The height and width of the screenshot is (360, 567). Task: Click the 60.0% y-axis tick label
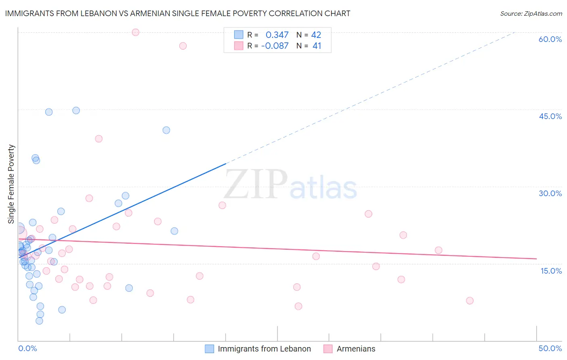550,39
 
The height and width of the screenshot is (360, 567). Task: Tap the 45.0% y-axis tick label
550,116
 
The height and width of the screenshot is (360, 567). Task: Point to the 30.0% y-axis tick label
550,193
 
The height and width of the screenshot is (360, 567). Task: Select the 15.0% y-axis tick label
551,271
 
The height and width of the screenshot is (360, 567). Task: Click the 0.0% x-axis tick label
27,348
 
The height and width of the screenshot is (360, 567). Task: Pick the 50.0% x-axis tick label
550,348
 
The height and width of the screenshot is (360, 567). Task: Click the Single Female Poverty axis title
11,184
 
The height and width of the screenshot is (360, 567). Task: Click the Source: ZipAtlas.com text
531,13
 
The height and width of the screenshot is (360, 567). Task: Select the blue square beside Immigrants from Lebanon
209,349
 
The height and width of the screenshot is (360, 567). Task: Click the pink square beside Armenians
328,349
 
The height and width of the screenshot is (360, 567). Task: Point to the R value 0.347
277,35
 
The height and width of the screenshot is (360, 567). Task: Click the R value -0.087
275,46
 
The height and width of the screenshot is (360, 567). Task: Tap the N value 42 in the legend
316,35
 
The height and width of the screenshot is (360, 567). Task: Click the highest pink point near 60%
135,32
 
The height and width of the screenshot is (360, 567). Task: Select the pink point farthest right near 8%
469,301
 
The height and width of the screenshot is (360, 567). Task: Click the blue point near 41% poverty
166,130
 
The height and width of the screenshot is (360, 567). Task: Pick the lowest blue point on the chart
39,321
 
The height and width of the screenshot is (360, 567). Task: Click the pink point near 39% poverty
99,138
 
